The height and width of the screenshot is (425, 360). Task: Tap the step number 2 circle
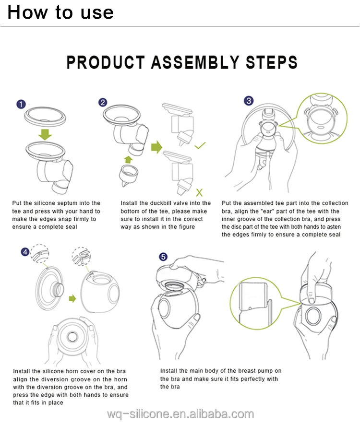click(102, 102)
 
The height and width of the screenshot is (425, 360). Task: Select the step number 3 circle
click(249, 101)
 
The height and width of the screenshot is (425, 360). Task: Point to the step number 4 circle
click(25, 252)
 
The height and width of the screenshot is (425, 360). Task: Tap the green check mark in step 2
click(201, 144)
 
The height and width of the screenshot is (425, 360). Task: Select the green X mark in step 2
click(200, 193)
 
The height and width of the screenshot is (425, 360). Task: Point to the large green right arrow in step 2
click(157, 147)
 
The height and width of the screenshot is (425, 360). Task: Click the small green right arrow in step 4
click(72, 298)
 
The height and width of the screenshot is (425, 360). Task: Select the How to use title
click(60, 12)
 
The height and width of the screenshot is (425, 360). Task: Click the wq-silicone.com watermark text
click(180, 414)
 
